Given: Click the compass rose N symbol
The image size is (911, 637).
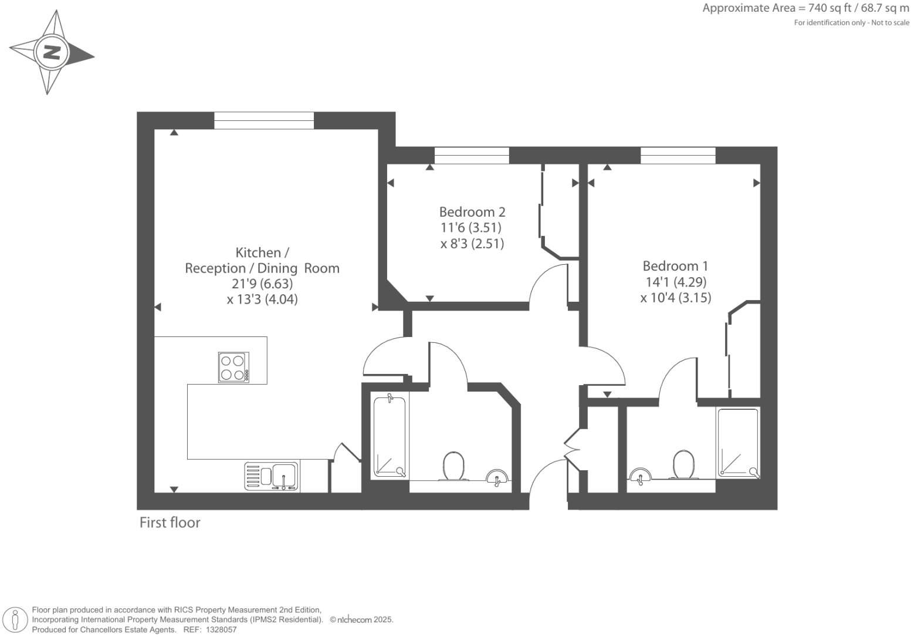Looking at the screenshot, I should tap(52, 53).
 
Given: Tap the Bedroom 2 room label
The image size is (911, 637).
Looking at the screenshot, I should tap(472, 212).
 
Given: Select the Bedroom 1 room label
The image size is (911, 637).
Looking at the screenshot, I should tap(675, 266).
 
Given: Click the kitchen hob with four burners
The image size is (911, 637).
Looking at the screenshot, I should tap(233, 368).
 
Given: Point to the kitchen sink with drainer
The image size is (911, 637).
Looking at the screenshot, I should tap(272, 476).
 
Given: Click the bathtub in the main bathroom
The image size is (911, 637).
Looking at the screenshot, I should tap(390, 437).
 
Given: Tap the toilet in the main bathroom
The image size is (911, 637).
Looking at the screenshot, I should tap(453, 466).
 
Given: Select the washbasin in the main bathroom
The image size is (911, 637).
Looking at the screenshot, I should tap(497, 477).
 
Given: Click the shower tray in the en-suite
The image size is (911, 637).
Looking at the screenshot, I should tap(739, 442).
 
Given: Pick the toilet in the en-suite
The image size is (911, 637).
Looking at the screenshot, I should tap(683, 464).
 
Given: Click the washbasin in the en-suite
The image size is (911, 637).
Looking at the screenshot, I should tap(640, 476).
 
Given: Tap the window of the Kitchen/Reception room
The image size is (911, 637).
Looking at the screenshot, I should tap(264, 120).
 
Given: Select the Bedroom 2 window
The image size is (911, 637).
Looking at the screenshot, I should tap(472, 156).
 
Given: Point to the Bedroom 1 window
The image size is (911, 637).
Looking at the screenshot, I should tap(678, 156).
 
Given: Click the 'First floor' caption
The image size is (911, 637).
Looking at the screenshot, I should tap(170, 523).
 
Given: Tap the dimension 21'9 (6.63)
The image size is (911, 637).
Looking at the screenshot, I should tap(262, 284).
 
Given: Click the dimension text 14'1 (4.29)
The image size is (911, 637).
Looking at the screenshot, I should tap(676, 282).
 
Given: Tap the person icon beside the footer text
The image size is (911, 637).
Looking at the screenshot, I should tap(16, 619).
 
